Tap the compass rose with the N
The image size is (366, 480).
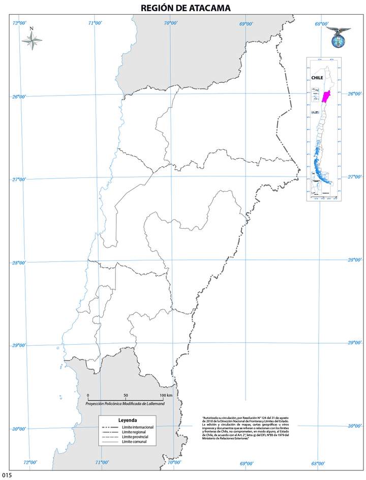tap(32, 41)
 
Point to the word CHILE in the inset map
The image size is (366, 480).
tap(317, 78)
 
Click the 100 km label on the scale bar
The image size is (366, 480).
tap(166, 395)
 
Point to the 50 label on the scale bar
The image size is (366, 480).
tap(126, 395)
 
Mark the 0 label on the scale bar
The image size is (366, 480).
tap(88, 395)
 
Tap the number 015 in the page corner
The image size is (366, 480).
tap(6, 475)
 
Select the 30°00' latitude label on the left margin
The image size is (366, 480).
tap(18, 429)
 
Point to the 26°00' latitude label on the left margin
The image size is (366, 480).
tap(19, 97)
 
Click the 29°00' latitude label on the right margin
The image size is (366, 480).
tap(354, 343)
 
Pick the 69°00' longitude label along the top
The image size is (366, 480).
tap(246, 23)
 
